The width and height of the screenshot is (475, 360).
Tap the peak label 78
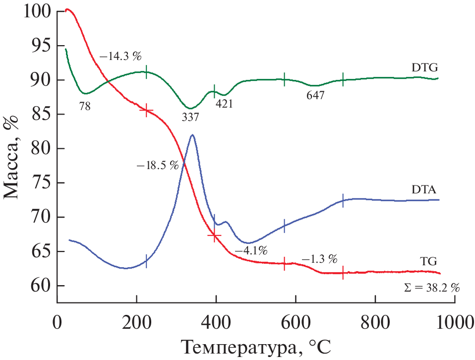pyautogui.click(x=85, y=106)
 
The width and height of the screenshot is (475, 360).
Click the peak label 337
pyautogui.click(x=190, y=117)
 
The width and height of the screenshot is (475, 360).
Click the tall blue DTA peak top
pyautogui.click(x=192, y=135)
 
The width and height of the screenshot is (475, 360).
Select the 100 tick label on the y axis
pyautogui.click(x=37, y=11)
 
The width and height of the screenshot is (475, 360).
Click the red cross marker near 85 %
pyautogui.click(x=146, y=111)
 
